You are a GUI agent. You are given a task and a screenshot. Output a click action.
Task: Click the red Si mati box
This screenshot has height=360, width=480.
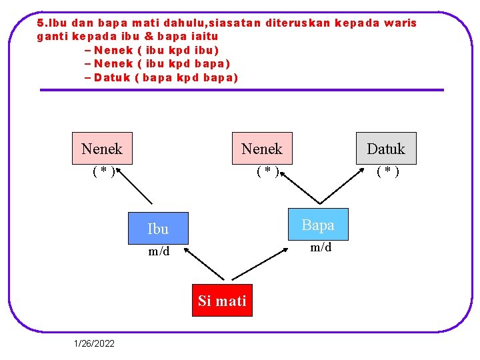pyautogui.click(x=222, y=301)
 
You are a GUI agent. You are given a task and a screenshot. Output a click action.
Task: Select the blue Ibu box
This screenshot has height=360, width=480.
pyautogui.click(x=158, y=229)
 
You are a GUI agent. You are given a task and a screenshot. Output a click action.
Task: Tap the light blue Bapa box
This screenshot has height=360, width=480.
pyautogui.click(x=318, y=225)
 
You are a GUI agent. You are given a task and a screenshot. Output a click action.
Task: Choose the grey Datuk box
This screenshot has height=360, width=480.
pyautogui.click(x=385, y=148)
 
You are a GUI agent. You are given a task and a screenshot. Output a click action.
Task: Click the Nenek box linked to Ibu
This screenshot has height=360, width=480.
pyautogui.click(x=102, y=148)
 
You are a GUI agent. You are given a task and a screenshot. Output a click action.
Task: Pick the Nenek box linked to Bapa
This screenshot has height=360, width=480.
pyautogui.click(x=262, y=148)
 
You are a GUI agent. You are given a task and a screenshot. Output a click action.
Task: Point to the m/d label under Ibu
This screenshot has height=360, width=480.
pyautogui.click(x=159, y=251)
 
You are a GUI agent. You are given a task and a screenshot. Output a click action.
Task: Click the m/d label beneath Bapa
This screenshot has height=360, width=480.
pyautogui.click(x=321, y=247)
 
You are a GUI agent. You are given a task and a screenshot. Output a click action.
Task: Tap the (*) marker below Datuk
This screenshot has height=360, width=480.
pyautogui.click(x=388, y=171)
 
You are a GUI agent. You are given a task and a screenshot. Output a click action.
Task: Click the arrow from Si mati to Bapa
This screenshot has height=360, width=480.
pyautogui.click(x=263, y=262)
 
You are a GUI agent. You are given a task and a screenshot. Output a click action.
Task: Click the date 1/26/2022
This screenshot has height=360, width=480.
pyautogui.click(x=94, y=343)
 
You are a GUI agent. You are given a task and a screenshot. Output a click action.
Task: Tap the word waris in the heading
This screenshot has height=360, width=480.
pyautogui.click(x=401, y=23)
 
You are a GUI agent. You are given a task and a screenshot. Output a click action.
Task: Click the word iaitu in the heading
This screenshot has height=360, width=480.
pyautogui.click(x=205, y=36)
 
